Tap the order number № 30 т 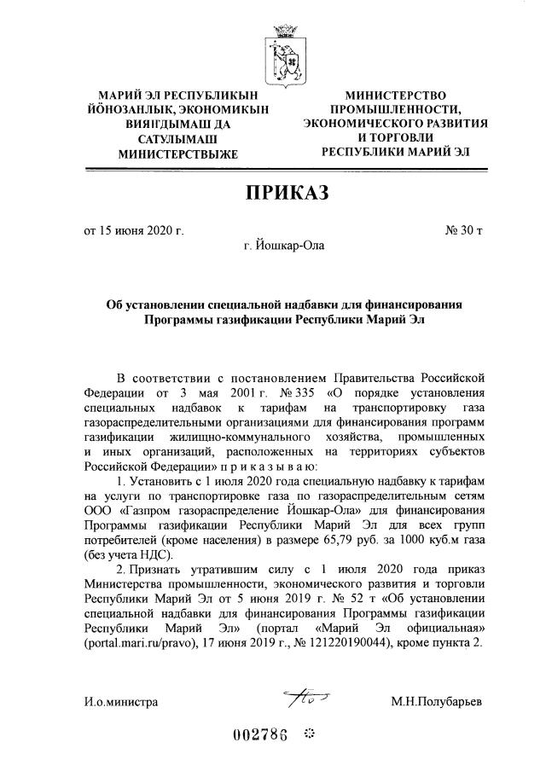[x=464, y=231]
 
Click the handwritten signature [x=300, y=699]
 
